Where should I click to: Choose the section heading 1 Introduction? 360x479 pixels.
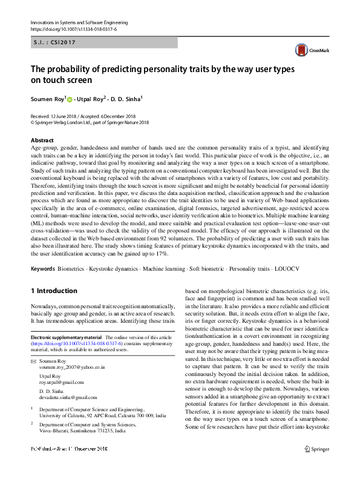[x=54, y=291]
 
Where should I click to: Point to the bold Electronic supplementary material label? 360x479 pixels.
[x=66, y=337]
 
